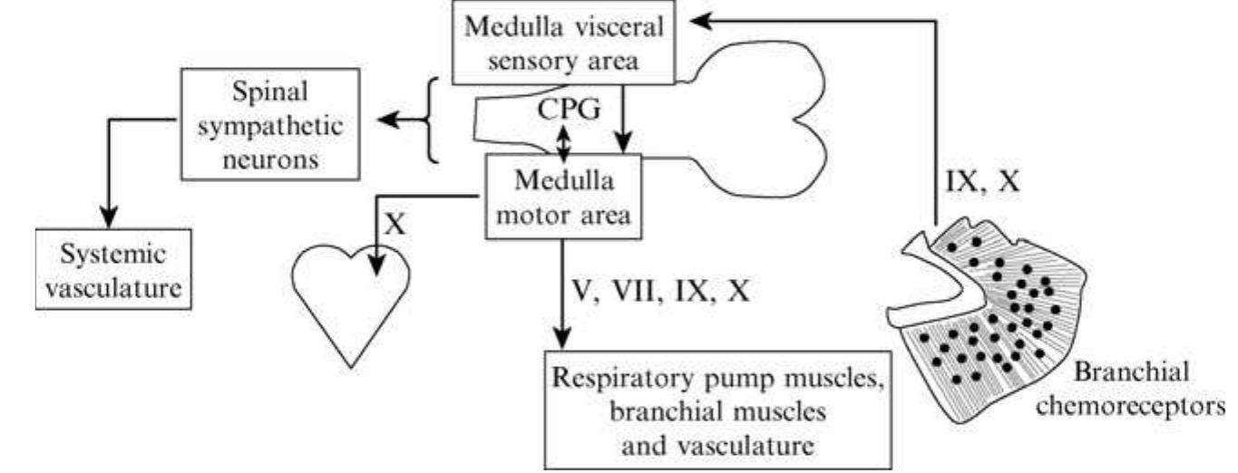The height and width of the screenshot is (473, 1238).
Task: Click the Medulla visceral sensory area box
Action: pyautogui.click(x=564, y=43)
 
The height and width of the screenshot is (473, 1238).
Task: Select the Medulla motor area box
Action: pyautogui.click(x=564, y=197)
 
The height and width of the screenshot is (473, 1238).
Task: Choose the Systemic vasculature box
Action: pyautogui.click(x=116, y=269)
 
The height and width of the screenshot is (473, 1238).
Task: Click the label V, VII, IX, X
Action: pyautogui.click(x=659, y=294)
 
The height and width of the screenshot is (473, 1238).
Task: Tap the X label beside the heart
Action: pyautogui.click(x=394, y=223)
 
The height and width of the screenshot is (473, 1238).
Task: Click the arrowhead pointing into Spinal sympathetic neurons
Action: pyautogui.click(x=385, y=120)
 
